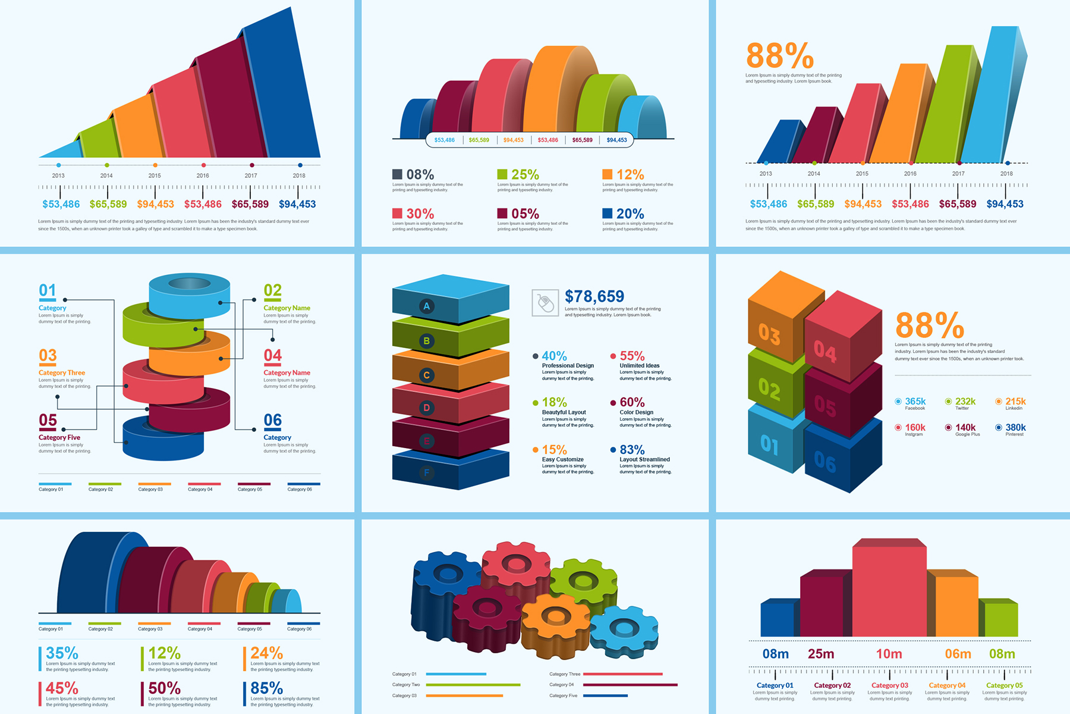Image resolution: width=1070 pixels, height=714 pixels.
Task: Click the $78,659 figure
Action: point(594,296)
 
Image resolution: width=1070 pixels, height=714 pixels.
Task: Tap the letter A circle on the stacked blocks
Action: point(426,306)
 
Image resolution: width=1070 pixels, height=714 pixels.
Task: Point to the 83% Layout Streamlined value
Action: point(632,450)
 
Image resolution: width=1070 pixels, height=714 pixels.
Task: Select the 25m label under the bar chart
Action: point(821,654)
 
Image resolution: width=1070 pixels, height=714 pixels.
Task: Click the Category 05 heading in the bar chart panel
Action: point(1005,685)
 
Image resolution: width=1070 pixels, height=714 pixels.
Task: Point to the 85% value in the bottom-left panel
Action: point(266,688)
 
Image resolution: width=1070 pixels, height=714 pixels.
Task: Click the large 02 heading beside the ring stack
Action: point(272,290)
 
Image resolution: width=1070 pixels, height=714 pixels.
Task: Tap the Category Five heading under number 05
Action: point(59,437)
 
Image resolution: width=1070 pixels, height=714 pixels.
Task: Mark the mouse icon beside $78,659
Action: point(545,303)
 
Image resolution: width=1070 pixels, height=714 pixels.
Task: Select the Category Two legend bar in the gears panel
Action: point(473,685)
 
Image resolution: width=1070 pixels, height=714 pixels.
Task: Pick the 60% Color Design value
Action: point(632,403)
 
